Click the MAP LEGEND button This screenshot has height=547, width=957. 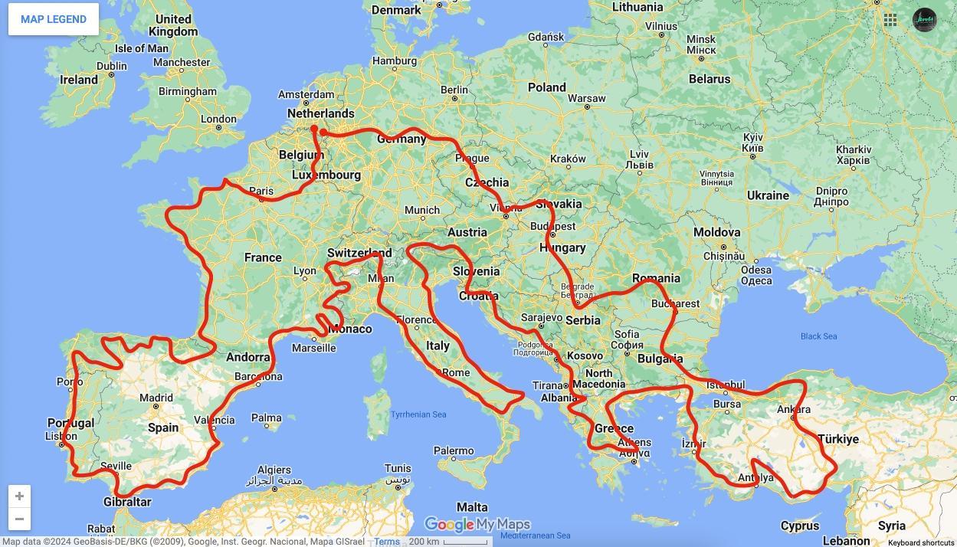click(x=54, y=19)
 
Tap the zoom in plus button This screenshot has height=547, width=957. click(x=19, y=496)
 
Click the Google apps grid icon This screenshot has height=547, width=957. click(x=890, y=20)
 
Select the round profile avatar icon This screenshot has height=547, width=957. click(x=925, y=20)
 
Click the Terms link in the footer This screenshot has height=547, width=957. click(x=387, y=542)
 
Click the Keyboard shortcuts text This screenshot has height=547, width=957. click(x=921, y=542)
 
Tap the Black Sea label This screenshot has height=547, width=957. click(x=818, y=336)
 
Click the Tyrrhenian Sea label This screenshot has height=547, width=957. click(x=418, y=414)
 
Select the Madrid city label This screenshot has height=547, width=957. click(x=156, y=398)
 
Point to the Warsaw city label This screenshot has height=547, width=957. click(x=587, y=98)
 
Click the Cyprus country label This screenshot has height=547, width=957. click(x=800, y=526)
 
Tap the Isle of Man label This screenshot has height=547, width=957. click(x=141, y=48)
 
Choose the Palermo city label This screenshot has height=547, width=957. click(x=453, y=451)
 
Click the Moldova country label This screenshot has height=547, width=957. click(x=716, y=232)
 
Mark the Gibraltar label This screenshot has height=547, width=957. click(x=127, y=502)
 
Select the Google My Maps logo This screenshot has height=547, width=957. click(x=477, y=525)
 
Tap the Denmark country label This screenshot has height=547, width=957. click(x=396, y=10)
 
